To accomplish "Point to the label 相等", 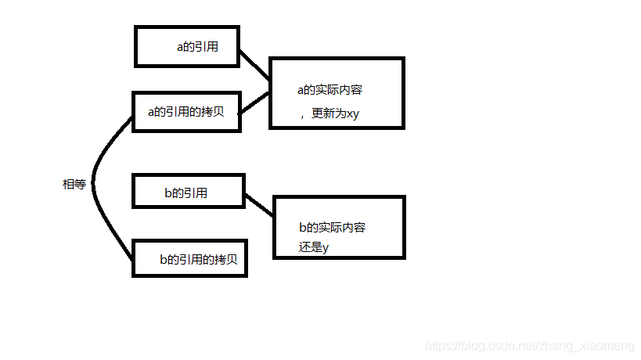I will point(74,185).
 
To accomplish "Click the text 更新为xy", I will point(335,113).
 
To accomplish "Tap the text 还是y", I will point(314,247).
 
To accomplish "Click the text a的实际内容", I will point(330,90).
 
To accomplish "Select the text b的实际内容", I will point(332,228).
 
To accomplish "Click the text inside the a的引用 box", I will point(197,47).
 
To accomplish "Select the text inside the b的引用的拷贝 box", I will point(198,259).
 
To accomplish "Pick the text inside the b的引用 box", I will point(185,193).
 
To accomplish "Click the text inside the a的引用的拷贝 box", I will point(186,111).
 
